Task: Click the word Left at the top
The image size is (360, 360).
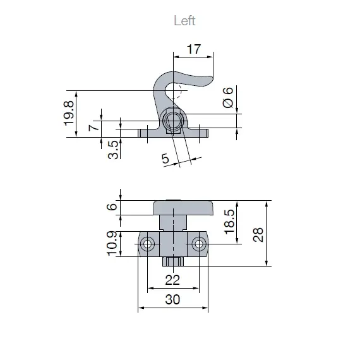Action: [x=184, y=21]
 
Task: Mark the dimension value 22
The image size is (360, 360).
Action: [x=172, y=279]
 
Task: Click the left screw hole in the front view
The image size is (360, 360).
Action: [x=148, y=244]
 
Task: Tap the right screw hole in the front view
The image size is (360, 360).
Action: [x=198, y=244]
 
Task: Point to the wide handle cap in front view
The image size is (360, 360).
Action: [x=184, y=208]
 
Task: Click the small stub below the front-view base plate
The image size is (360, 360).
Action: [x=172, y=261]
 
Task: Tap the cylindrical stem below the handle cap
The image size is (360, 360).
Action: [x=172, y=222]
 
